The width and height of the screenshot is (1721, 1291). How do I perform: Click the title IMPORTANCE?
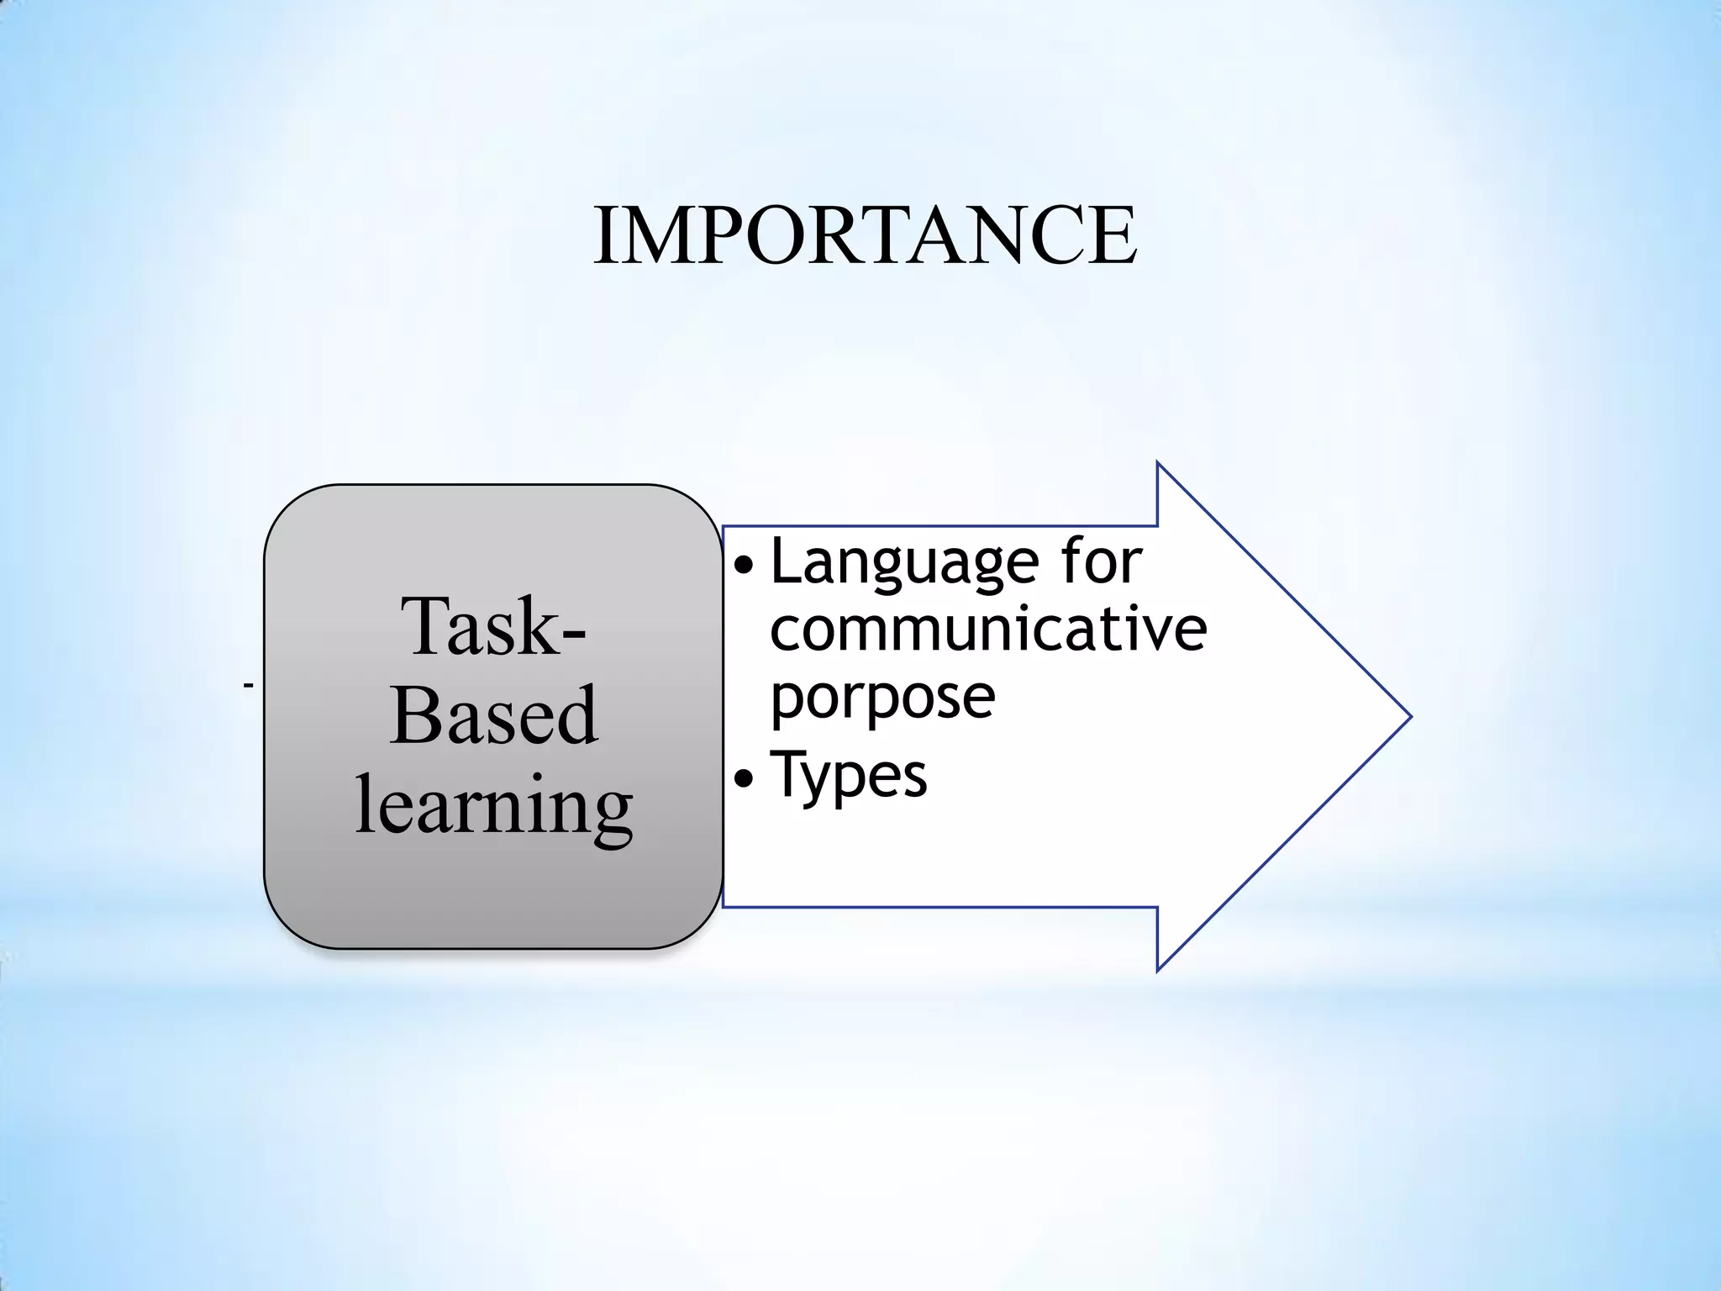[865, 236]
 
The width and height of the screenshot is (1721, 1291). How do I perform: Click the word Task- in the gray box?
[494, 627]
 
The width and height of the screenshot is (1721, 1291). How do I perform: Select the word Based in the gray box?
[494, 715]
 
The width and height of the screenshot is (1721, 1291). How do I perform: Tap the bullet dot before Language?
[744, 567]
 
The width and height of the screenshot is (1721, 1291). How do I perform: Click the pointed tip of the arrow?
[1408, 717]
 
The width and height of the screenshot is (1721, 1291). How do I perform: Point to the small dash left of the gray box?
[248, 687]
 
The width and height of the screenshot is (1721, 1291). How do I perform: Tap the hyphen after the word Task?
[570, 635]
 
